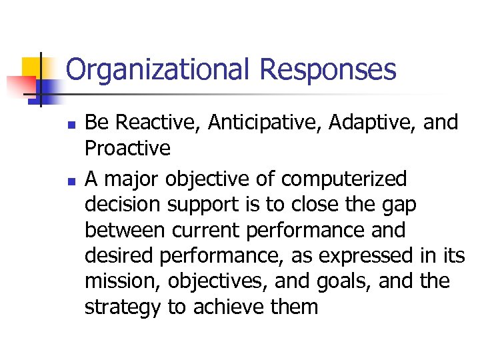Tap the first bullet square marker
coord(71,125)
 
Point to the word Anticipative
coord(270,123)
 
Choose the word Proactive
coord(127,149)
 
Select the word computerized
coord(343,179)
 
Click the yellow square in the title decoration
coord(31,67)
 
